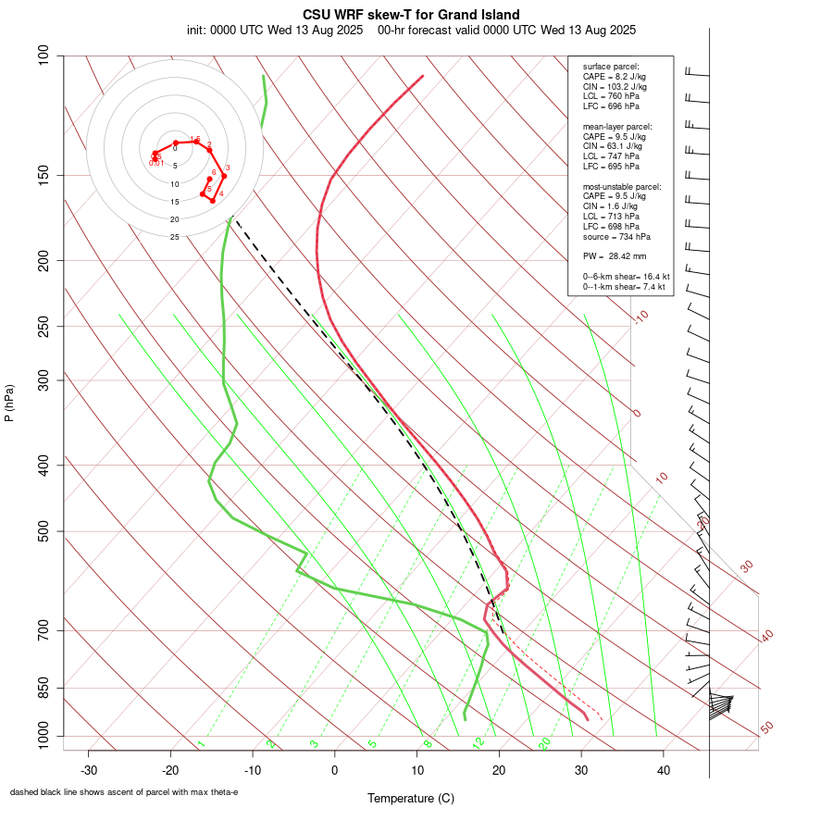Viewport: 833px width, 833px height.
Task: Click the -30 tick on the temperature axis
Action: coord(89,769)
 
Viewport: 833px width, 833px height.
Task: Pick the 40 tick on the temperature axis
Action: coord(663,769)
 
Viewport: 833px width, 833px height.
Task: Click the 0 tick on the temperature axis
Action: coord(335,769)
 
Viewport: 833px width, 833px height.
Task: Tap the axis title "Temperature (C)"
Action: coord(411,798)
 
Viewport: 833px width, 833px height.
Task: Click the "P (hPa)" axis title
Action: coord(9,404)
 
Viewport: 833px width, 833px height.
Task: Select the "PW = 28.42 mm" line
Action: coord(615,255)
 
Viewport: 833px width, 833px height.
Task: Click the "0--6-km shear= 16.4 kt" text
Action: coord(627,276)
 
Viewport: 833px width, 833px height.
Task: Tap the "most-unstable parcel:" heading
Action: coord(622,186)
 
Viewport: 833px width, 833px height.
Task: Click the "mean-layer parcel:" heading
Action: coord(617,127)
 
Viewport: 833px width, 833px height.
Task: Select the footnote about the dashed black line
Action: coord(124,792)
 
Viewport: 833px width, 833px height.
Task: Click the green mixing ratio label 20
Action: coord(545,742)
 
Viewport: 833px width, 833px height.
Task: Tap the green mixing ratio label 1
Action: coord(201,743)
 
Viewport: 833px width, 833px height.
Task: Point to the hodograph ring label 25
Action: coord(174,237)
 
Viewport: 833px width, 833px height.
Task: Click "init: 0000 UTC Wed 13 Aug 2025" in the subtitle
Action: coord(275,31)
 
